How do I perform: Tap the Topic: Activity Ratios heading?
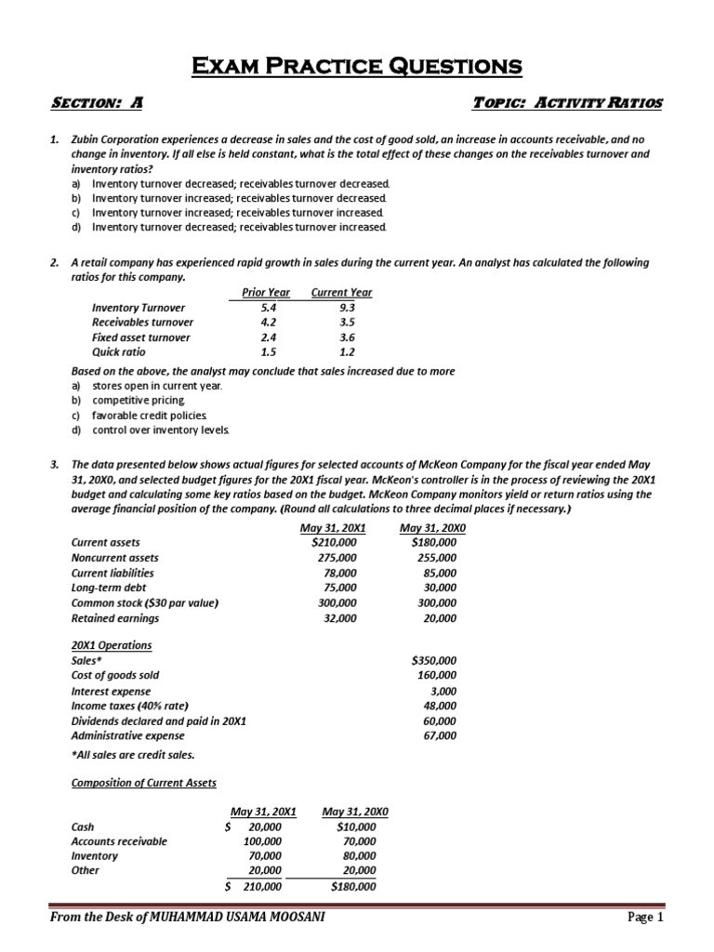pyautogui.click(x=567, y=104)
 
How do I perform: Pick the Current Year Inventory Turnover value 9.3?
pyautogui.click(x=347, y=308)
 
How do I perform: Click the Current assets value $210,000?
pyautogui.click(x=335, y=542)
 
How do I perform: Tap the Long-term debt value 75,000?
pyautogui.click(x=339, y=588)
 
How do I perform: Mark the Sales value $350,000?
pyautogui.click(x=432, y=660)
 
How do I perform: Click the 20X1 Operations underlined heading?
pyautogui.click(x=111, y=645)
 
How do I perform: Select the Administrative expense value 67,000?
pyautogui.click(x=439, y=735)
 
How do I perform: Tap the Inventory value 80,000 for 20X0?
pyautogui.click(x=358, y=855)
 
